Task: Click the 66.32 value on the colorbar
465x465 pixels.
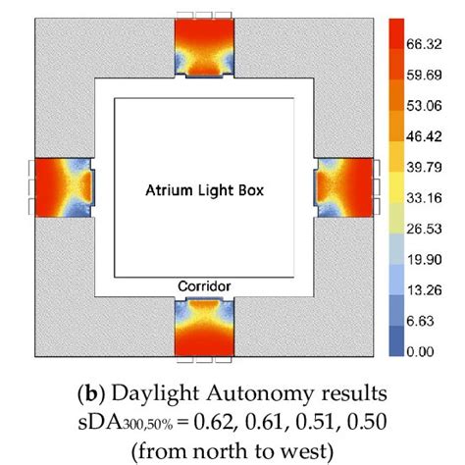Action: [x=432, y=44]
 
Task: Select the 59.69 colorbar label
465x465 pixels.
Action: [x=432, y=75]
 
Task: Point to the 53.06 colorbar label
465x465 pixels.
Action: [x=432, y=106]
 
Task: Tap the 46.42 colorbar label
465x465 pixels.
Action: [x=432, y=136]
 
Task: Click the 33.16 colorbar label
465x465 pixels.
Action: [x=432, y=197]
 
